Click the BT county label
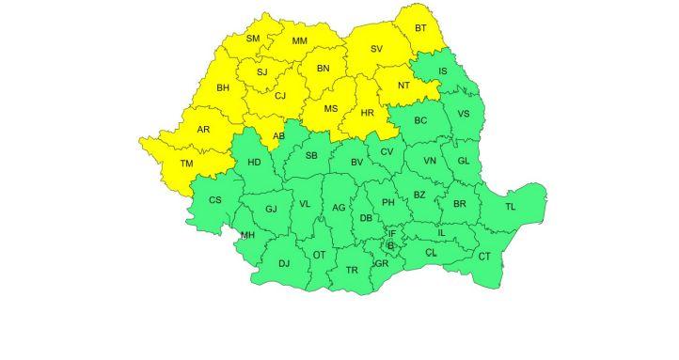coord(420,28)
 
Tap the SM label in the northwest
coord(253,39)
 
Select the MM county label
coord(300,41)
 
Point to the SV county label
coord(376,49)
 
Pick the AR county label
coord(203,129)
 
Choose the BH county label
coord(223,88)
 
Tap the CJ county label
coord(279,95)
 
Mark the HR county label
coord(369,115)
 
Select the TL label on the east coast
coord(511,207)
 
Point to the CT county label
coord(484,256)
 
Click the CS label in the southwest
coord(215,200)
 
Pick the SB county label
coord(311,156)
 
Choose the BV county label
coord(356,164)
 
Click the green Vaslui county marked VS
coord(463,114)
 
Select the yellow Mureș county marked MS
coord(331,109)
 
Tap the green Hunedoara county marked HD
coord(254,163)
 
